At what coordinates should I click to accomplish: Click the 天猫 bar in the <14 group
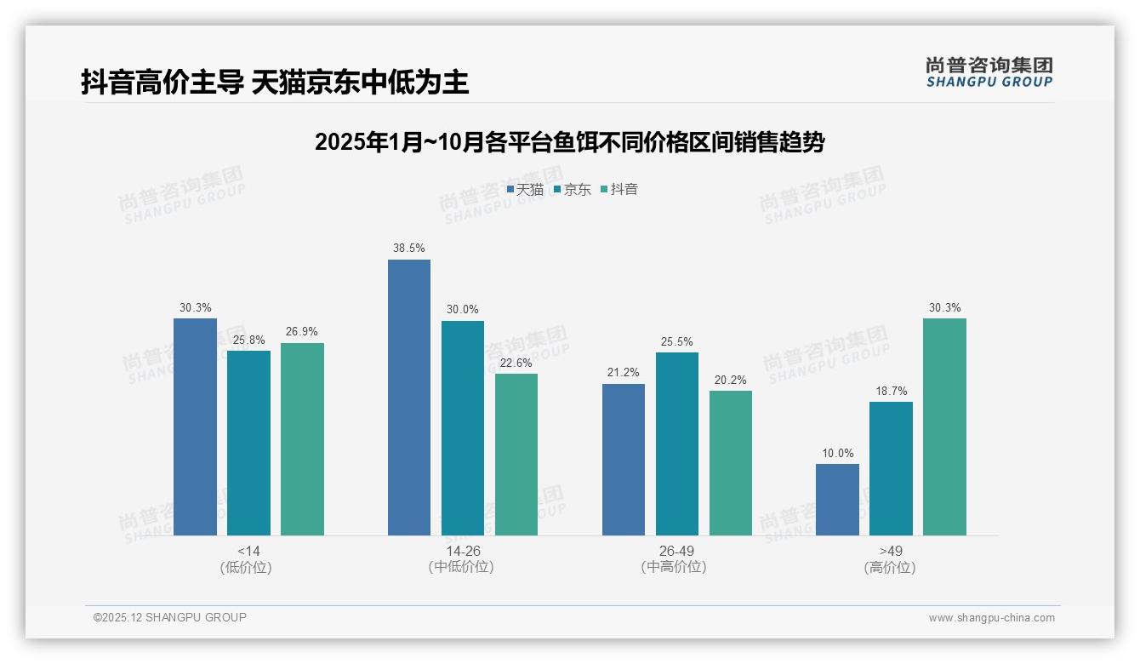point(195,426)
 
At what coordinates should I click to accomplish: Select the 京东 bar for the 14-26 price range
point(462,428)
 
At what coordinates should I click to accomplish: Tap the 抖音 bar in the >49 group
point(944,426)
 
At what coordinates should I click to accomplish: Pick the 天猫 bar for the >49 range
point(837,500)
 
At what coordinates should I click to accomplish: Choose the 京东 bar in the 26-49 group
point(677,444)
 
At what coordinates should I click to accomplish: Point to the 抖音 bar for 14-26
point(516,455)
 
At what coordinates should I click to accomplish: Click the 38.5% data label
point(409,248)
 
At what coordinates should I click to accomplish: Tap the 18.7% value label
point(891,391)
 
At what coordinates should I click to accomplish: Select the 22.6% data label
point(516,363)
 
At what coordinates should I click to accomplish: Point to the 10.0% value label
point(837,453)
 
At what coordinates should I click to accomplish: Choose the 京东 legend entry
point(573,190)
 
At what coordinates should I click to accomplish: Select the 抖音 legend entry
point(619,190)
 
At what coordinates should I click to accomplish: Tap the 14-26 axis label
point(463,551)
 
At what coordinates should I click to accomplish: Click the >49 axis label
point(891,551)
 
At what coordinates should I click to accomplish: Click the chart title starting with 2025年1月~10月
point(569,142)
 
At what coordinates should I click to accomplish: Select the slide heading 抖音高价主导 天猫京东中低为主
point(275,82)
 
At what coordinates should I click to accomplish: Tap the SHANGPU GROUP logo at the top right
point(989,72)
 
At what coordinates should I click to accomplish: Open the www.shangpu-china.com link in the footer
point(991,618)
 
